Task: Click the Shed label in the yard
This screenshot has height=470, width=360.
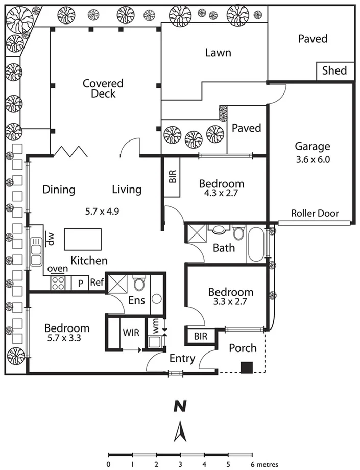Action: click(x=334, y=71)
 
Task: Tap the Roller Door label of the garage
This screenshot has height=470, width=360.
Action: click(x=315, y=214)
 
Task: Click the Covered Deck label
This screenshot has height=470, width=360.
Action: click(x=104, y=88)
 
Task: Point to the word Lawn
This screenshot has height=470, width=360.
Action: click(x=218, y=53)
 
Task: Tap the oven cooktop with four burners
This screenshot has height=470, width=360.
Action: click(x=58, y=283)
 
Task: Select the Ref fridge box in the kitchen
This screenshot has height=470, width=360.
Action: click(x=97, y=282)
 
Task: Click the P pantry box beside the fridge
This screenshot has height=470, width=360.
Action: click(x=80, y=283)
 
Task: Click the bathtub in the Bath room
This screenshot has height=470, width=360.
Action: click(x=255, y=245)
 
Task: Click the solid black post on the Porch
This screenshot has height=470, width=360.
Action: click(x=247, y=367)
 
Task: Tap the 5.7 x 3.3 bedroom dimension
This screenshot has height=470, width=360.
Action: click(x=67, y=338)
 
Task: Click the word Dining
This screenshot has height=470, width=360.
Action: click(x=59, y=190)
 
